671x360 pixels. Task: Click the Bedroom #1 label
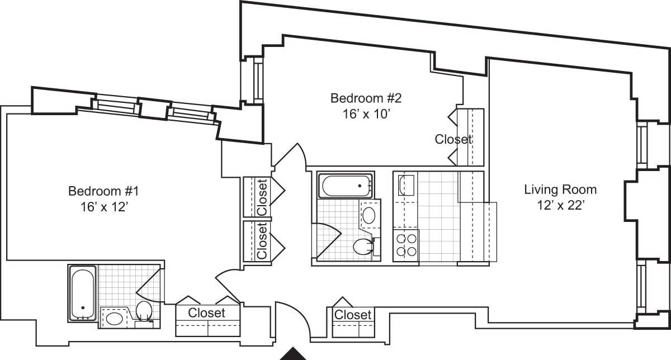coord(103,191)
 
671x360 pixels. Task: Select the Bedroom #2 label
coord(366,98)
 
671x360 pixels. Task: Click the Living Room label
coord(560,190)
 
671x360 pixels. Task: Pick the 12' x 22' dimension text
coord(560,205)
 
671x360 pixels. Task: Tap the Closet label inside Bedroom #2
coord(453,139)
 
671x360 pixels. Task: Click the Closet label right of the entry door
coord(352,315)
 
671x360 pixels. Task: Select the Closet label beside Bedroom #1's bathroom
coord(206,313)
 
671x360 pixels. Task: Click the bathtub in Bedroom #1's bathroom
coord(83,293)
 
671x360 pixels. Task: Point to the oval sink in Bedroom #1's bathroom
coord(115,319)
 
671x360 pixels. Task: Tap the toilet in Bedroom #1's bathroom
coord(144,311)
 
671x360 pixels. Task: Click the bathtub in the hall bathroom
coord(346,186)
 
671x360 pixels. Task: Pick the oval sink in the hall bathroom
coord(369,215)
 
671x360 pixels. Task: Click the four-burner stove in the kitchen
coord(406,245)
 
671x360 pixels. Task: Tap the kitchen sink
coord(407,185)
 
